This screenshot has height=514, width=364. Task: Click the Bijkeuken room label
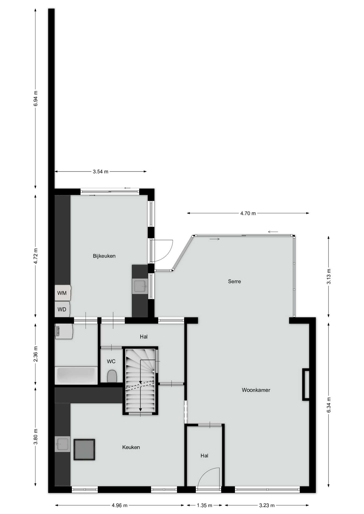(x=104, y=256)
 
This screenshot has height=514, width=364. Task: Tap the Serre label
(x=234, y=281)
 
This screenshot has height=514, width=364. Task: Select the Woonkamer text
(x=256, y=390)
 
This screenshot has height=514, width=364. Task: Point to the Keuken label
(x=131, y=447)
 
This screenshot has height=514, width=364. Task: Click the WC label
(x=111, y=361)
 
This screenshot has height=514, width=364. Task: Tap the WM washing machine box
(x=63, y=293)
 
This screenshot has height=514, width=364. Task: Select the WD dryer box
(x=62, y=309)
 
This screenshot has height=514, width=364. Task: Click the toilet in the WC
(x=112, y=376)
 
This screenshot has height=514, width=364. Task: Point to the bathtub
(x=76, y=376)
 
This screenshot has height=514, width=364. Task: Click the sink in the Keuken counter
(x=62, y=444)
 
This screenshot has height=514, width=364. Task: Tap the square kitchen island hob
(x=84, y=449)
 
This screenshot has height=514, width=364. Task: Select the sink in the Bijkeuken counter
(x=140, y=286)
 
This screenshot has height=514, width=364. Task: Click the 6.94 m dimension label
(x=36, y=99)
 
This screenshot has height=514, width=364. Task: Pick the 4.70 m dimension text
(x=248, y=213)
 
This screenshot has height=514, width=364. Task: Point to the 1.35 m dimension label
(x=205, y=505)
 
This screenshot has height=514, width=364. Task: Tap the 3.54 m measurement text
(x=101, y=172)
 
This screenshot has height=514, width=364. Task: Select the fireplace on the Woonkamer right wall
(x=306, y=384)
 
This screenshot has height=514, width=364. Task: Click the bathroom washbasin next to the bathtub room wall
(x=64, y=332)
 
